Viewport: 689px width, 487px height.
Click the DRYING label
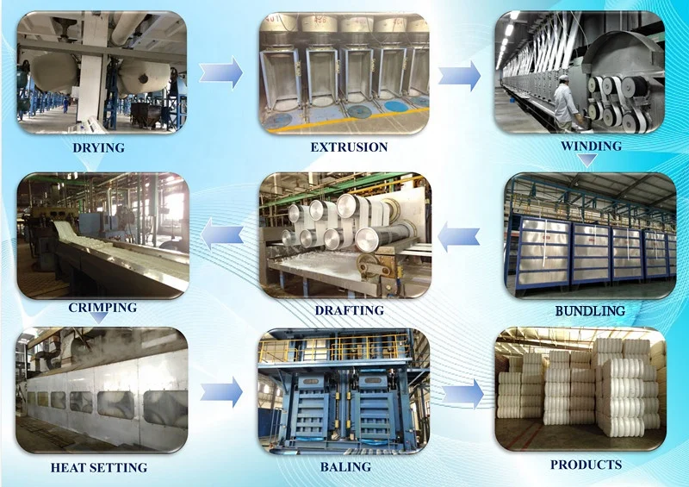point(98,147)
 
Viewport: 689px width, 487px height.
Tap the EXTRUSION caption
point(349,147)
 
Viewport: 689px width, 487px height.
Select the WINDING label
point(591,146)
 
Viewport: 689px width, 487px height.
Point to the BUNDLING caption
point(590,310)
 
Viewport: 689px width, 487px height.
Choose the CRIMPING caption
point(102,307)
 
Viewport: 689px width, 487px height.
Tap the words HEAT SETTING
point(98,467)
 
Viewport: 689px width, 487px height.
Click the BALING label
point(345,466)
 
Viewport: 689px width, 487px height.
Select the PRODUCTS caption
point(586,465)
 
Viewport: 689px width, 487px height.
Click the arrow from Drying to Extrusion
point(221,72)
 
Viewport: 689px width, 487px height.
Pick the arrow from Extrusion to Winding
point(458,75)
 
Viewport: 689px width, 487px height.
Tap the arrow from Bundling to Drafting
point(459,234)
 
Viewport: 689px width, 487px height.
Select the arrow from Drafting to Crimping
point(221,232)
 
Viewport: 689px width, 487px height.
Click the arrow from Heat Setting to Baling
point(221,392)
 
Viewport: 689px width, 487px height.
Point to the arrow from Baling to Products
point(463,393)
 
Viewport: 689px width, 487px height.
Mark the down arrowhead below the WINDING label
point(587,160)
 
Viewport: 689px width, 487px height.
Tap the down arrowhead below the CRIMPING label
point(99,320)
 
